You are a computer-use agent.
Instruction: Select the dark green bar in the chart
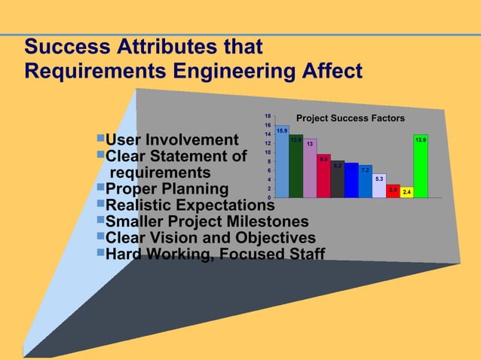[296, 167]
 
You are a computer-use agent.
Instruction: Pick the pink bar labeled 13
[310, 169]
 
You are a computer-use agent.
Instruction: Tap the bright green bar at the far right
[421, 166]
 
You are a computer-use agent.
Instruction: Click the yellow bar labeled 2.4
[406, 192]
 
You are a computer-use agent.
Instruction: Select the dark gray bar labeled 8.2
[338, 179]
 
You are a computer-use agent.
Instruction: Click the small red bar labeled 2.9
[393, 191]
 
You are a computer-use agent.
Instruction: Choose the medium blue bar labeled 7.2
[366, 182]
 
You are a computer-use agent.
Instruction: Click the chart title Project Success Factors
[350, 118]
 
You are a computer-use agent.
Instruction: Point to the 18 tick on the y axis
[268, 116]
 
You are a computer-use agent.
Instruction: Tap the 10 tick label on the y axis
[268, 152]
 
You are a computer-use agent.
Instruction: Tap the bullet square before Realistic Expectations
[101, 203]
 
